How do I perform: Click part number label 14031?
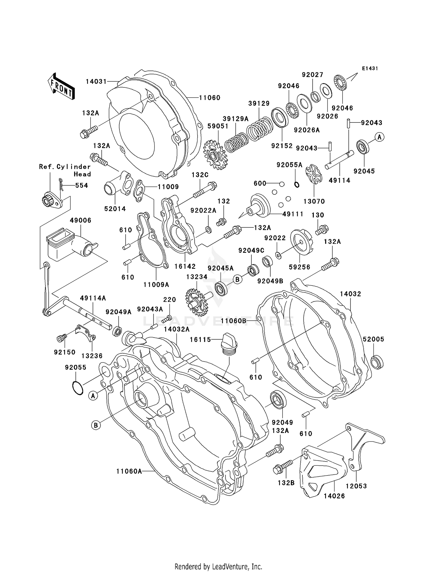pyautogui.click(x=96, y=81)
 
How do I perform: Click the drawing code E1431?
pyautogui.click(x=370, y=69)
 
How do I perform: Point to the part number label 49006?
pyautogui.click(x=80, y=220)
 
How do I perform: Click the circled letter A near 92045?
pyautogui.click(x=379, y=137)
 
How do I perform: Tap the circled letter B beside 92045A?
pyautogui.click(x=237, y=280)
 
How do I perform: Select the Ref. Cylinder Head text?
pyautogui.click(x=65, y=170)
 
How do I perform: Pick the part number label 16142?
pyautogui.click(x=185, y=266)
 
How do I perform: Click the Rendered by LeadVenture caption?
pyautogui.click(x=218, y=566)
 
